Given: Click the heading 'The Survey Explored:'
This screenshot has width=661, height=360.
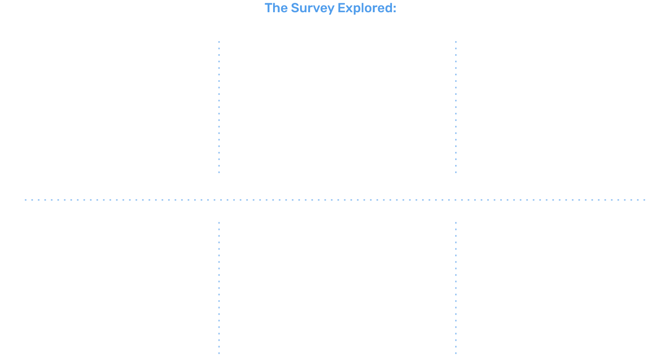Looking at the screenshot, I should (330, 8).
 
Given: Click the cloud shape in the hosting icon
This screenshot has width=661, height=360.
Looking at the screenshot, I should (534, 81).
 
